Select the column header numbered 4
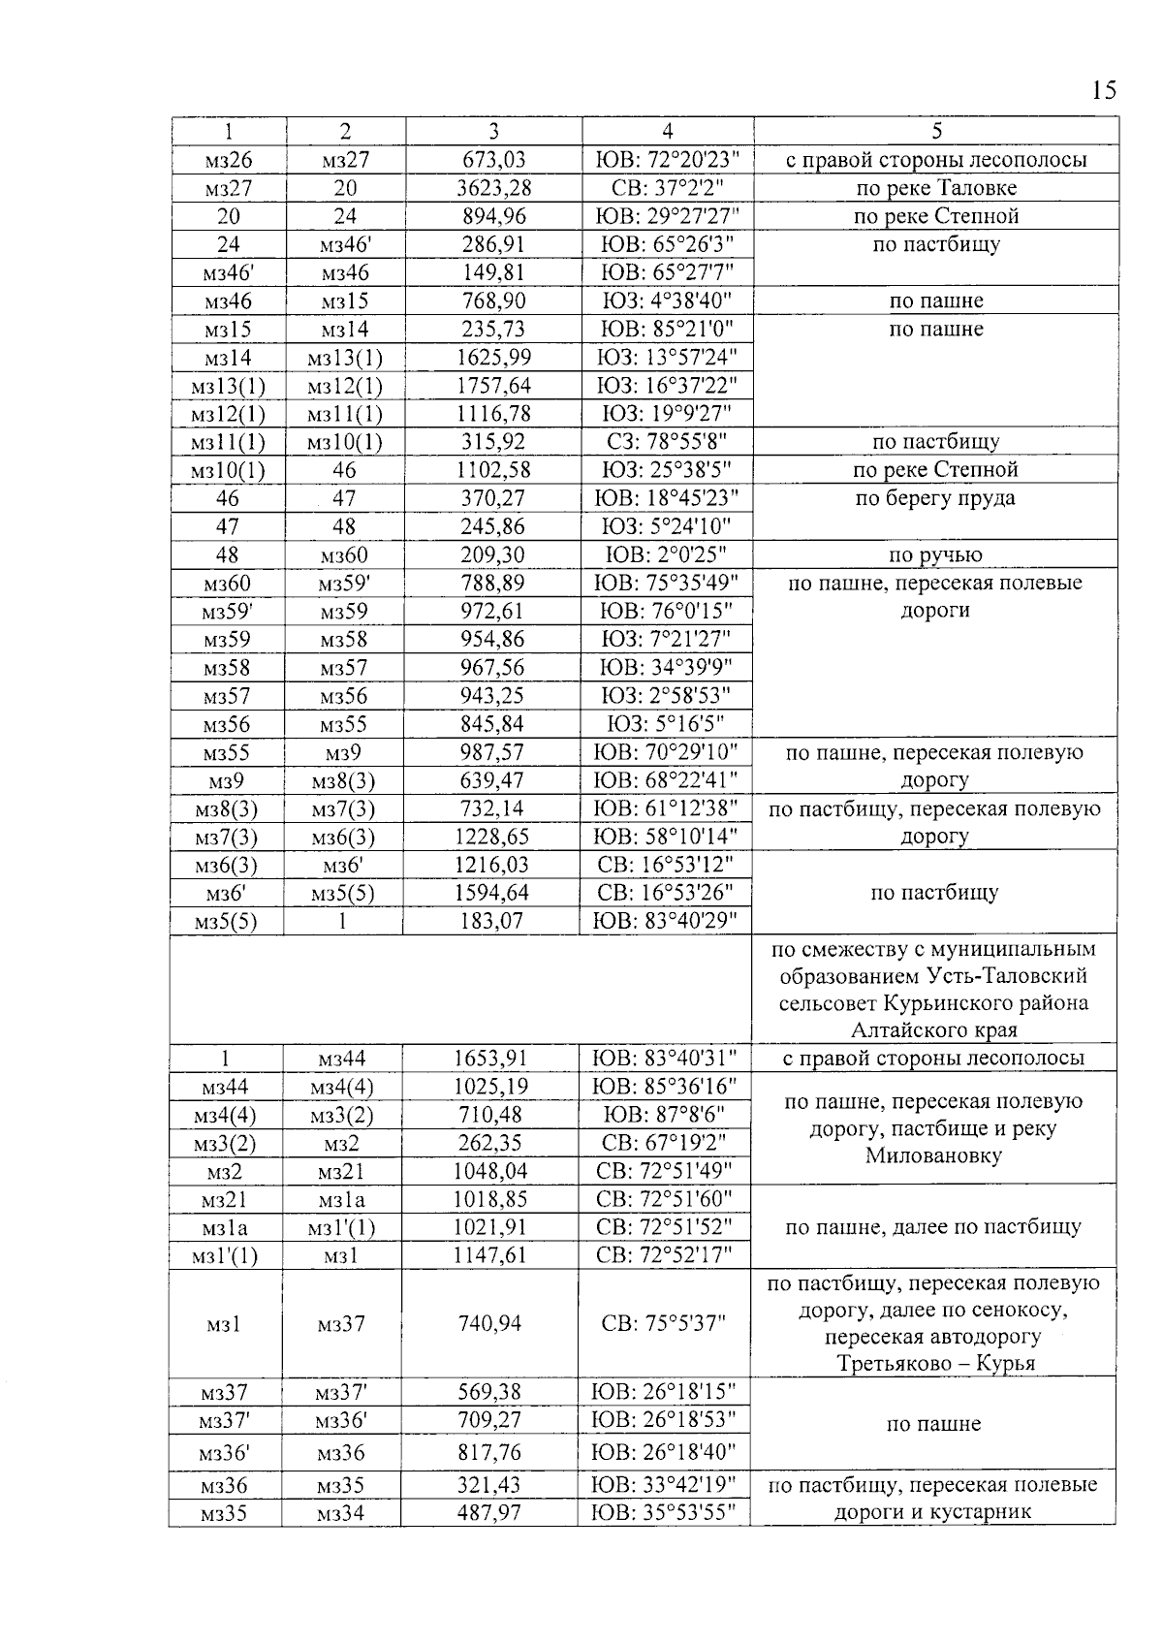click(667, 132)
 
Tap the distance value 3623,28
click(494, 188)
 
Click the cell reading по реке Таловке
click(935, 188)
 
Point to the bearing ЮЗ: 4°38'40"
click(667, 301)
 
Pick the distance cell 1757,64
click(494, 386)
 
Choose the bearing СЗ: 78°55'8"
click(667, 442)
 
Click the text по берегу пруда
click(935, 498)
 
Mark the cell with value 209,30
click(494, 555)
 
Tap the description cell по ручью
click(935, 555)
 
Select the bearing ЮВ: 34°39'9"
click(667, 668)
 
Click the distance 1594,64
click(492, 893)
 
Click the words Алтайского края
click(934, 1030)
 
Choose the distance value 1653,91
click(492, 1059)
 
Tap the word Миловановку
click(933, 1155)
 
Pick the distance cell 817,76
click(489, 1453)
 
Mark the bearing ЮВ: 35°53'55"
click(665, 1513)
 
